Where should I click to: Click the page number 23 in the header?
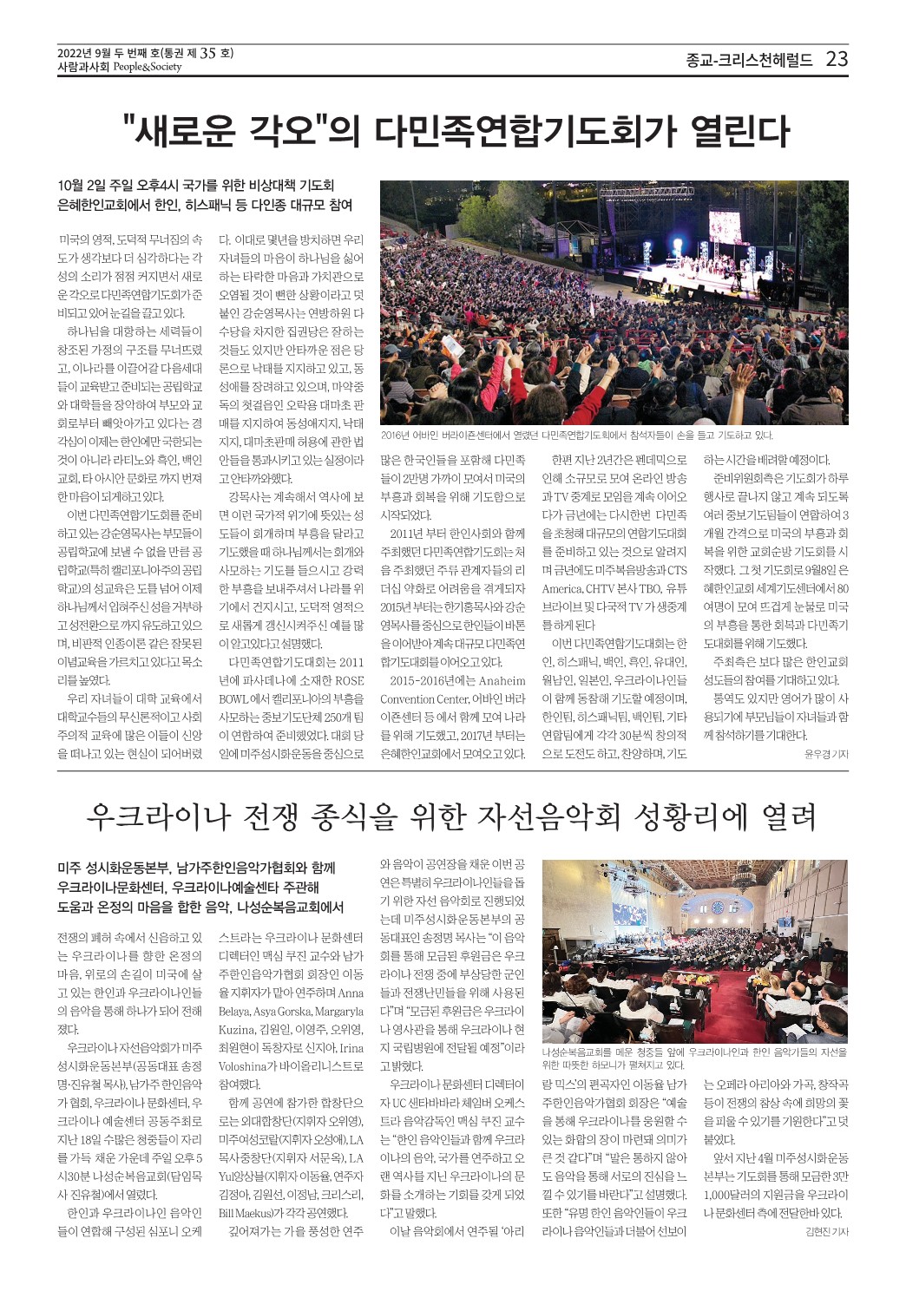(837, 59)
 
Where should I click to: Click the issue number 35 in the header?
(207, 53)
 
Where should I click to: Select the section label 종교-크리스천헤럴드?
(749, 60)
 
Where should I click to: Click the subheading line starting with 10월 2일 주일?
(196, 185)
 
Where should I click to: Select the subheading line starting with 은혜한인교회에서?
(205, 205)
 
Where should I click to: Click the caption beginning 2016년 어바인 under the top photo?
(576, 435)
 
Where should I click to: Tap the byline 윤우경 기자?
(825, 754)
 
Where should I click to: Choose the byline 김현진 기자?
(825, 1232)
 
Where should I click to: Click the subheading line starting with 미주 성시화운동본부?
(196, 868)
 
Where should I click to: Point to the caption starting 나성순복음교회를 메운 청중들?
(693, 1058)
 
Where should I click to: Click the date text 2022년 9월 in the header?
(85, 53)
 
